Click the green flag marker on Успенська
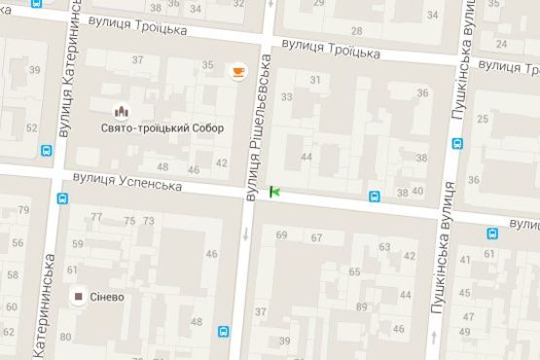(x=274, y=192)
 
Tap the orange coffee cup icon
(x=237, y=70)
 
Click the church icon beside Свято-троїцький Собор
(x=122, y=112)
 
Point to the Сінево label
(x=108, y=297)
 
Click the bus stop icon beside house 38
(x=375, y=197)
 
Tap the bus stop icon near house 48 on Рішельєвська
(x=225, y=331)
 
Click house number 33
(x=286, y=97)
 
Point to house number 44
(x=306, y=157)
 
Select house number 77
(x=96, y=217)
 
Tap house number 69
(x=282, y=235)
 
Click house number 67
(x=316, y=238)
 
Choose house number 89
(x=362, y=307)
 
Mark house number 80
(x=65, y=338)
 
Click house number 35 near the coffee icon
(x=207, y=65)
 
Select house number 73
(x=148, y=221)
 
